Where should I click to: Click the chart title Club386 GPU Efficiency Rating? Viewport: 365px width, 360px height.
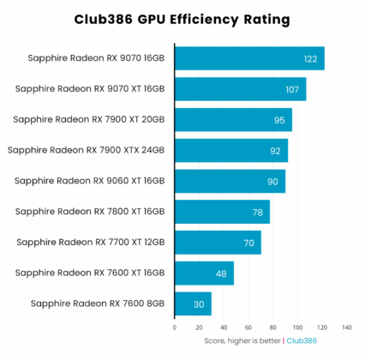click(182, 18)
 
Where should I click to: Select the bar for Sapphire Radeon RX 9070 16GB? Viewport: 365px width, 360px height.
click(248, 58)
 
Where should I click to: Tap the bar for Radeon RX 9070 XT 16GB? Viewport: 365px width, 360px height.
click(240, 89)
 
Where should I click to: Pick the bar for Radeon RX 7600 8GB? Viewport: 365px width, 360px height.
click(193, 303)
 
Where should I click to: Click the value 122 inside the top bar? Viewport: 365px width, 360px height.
click(311, 59)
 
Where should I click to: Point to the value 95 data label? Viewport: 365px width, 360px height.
click(279, 120)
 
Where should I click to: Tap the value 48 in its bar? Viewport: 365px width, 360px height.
click(221, 273)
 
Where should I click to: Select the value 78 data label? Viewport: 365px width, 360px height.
click(258, 213)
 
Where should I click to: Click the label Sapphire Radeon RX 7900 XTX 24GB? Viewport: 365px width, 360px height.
click(87, 151)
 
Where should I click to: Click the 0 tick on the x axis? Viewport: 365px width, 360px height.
click(175, 327)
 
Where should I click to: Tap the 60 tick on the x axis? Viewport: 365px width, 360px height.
click(248, 327)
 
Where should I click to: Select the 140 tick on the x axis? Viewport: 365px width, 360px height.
click(347, 327)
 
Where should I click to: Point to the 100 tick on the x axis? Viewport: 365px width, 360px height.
click(297, 327)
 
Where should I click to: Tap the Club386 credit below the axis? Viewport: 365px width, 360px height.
click(301, 340)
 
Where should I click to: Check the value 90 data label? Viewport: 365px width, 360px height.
click(272, 182)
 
